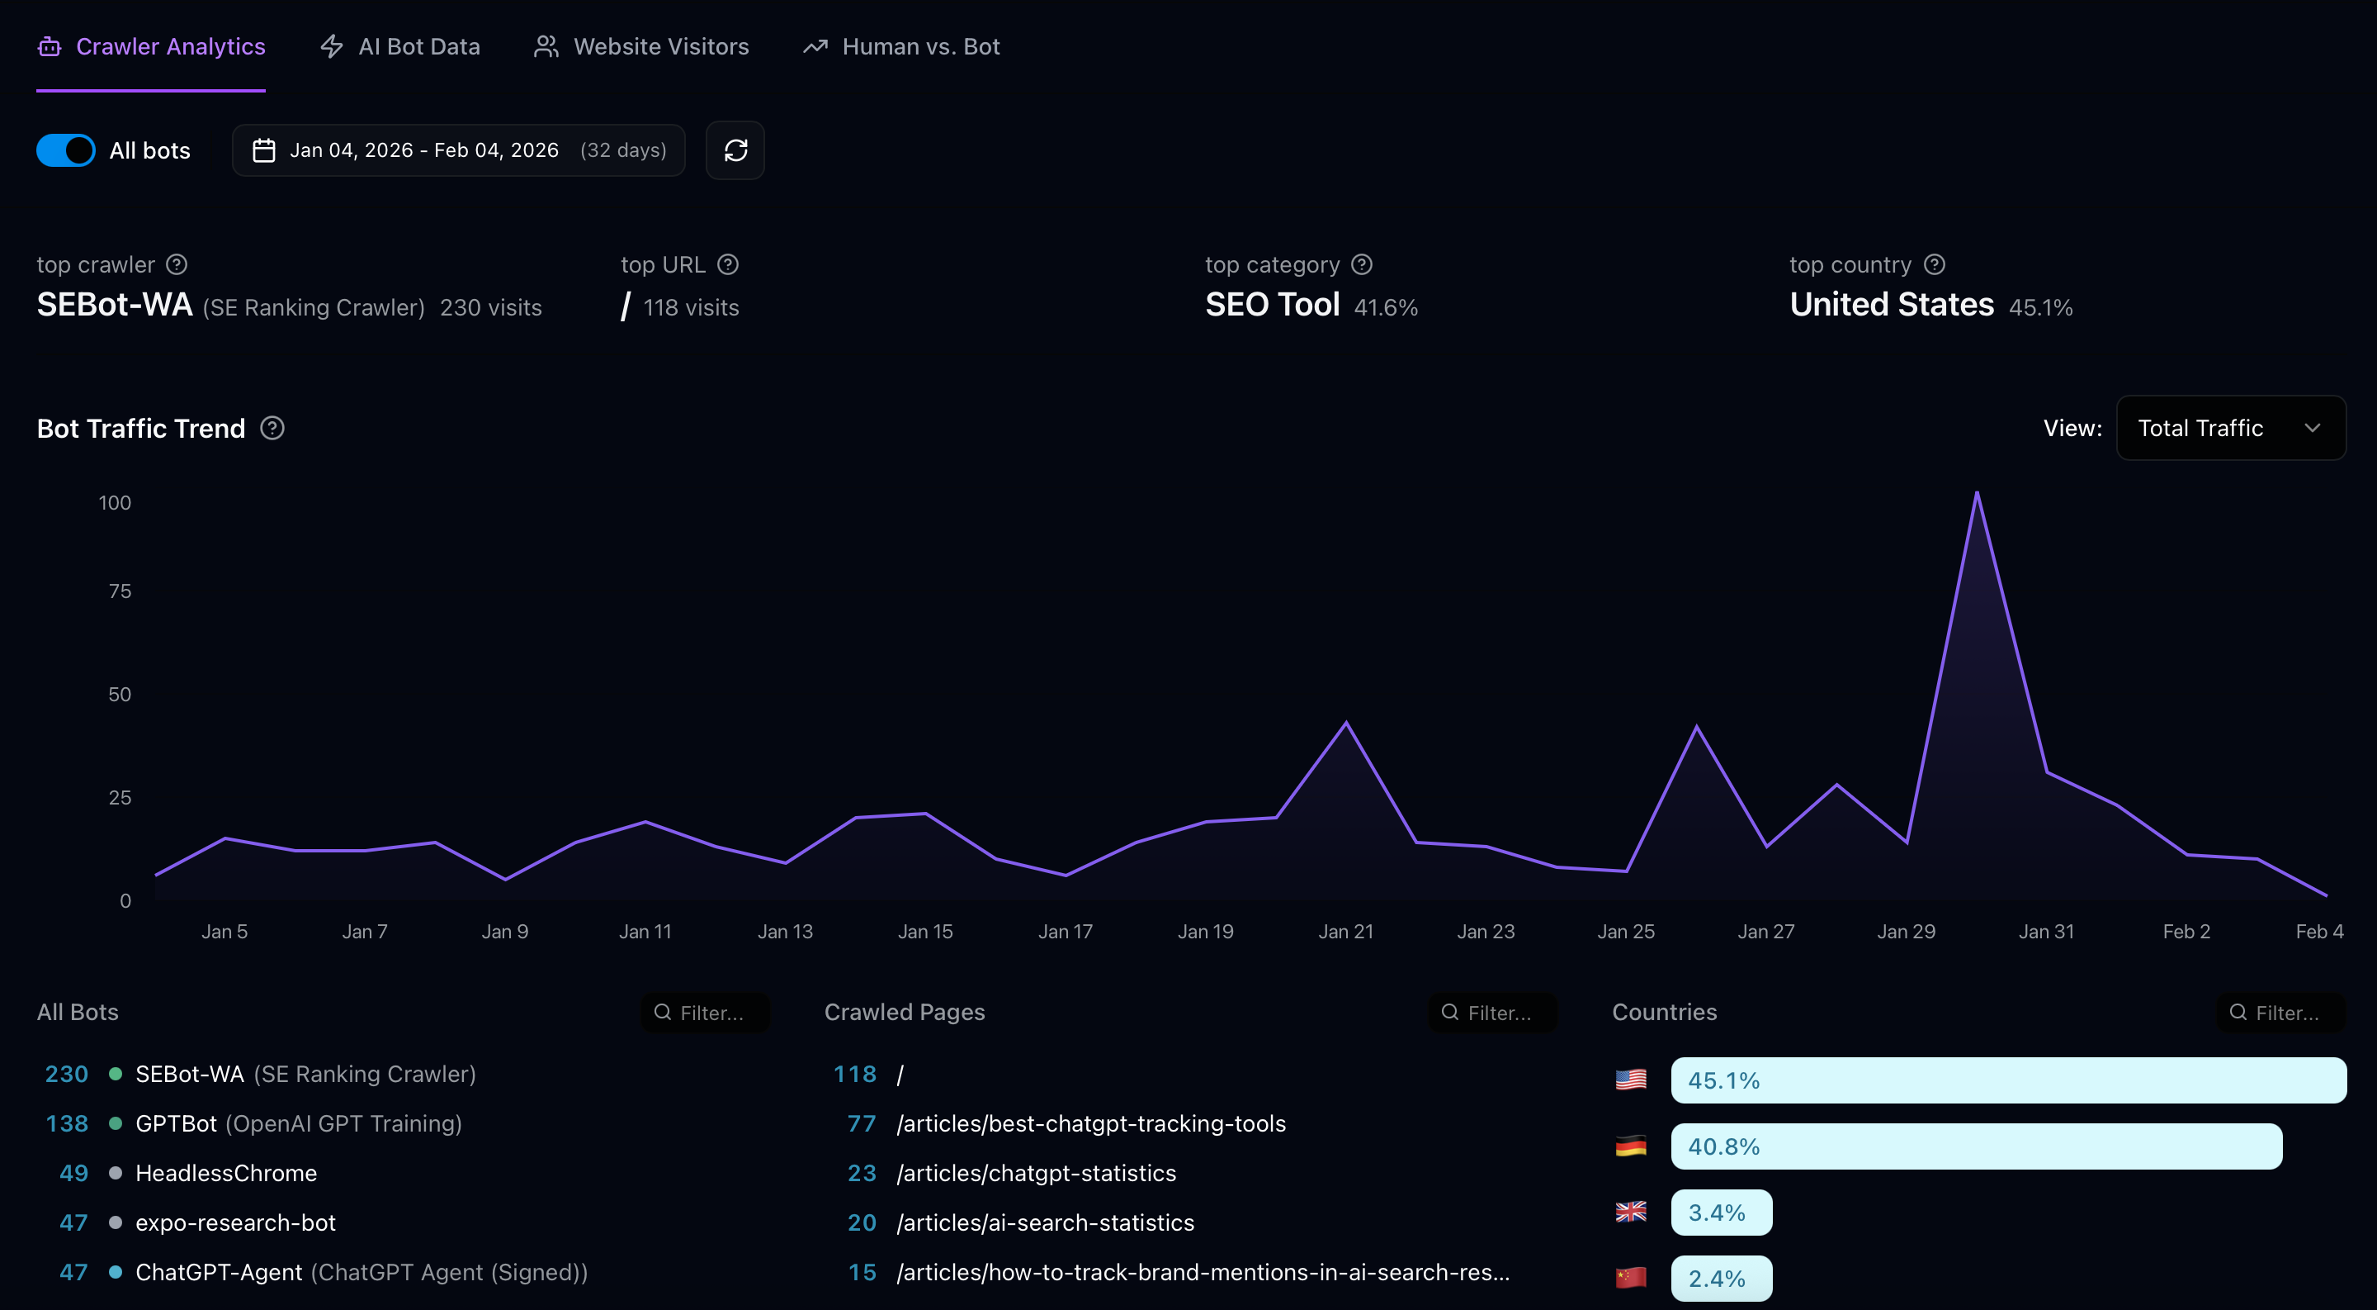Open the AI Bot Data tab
point(400,46)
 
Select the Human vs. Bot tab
point(901,46)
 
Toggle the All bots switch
point(65,150)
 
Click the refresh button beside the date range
point(735,150)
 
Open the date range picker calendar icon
point(264,150)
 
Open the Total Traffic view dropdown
point(2229,427)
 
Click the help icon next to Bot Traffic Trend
point(272,429)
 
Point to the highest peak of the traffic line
point(1976,492)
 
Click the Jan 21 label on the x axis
point(1345,932)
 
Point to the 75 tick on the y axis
point(120,591)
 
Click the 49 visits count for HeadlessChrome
point(73,1174)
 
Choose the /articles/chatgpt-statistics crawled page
point(1035,1174)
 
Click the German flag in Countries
point(1631,1146)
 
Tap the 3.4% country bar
point(1720,1213)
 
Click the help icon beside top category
point(1361,265)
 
